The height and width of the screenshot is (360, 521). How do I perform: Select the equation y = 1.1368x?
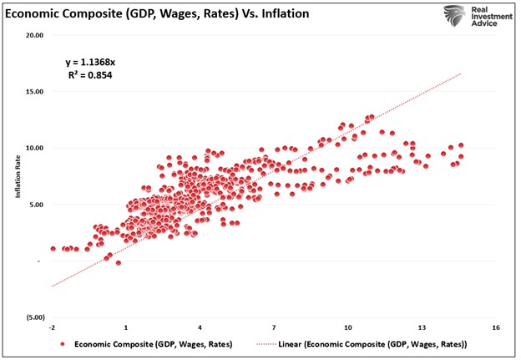click(x=93, y=62)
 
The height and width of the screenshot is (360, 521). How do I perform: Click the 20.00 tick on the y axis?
click(x=34, y=35)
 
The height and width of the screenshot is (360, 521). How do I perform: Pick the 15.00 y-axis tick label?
click(x=34, y=91)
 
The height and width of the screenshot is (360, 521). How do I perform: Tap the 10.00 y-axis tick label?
click(x=34, y=148)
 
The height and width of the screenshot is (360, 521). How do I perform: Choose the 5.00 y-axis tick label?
click(x=36, y=205)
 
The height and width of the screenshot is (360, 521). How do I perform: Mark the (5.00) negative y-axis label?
click(x=34, y=317)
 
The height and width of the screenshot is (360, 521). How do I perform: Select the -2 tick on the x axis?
click(x=52, y=327)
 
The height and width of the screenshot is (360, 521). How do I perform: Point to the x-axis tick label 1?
click(x=126, y=327)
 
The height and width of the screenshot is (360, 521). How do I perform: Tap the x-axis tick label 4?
click(x=200, y=327)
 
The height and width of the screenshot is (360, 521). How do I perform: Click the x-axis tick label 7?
click(x=274, y=327)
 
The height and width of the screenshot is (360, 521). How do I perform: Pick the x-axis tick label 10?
click(x=347, y=327)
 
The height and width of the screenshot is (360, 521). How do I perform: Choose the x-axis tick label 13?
click(x=422, y=327)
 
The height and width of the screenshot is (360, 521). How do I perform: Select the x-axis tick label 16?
click(x=496, y=327)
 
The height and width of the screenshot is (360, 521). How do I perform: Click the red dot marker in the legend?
click(x=63, y=344)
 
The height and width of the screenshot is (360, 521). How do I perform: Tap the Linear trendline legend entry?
click(x=367, y=344)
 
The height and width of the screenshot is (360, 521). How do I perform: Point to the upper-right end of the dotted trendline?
click(x=461, y=74)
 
